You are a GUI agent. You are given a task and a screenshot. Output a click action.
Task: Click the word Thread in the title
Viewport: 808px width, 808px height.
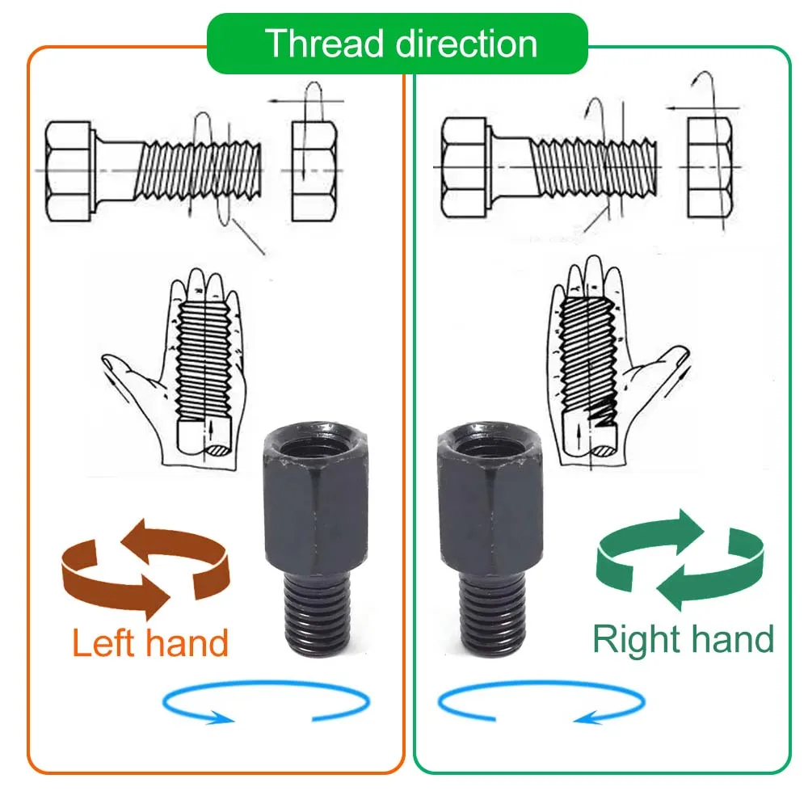pos(318,44)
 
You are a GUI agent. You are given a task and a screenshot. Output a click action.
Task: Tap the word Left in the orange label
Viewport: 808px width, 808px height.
pos(103,643)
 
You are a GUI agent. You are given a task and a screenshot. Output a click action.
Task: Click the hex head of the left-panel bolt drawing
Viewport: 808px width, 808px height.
pos(69,171)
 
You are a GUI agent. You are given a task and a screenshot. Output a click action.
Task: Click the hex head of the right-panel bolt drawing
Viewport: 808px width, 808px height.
pos(464,166)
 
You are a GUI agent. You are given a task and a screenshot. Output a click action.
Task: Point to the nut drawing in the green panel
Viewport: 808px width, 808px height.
pos(709,167)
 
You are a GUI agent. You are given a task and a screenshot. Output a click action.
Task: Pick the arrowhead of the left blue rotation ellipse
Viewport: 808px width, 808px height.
pos(217,717)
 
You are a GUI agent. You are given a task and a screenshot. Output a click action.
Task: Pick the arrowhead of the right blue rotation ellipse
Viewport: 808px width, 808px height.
pos(585,716)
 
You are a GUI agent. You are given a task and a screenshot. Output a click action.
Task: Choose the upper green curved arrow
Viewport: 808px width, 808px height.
pos(654,533)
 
